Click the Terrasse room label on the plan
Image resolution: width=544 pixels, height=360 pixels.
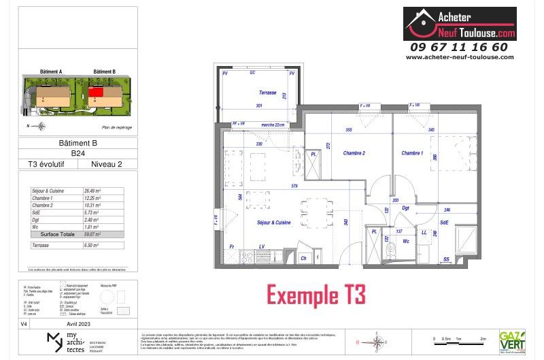267,92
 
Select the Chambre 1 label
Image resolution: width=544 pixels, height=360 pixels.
411,154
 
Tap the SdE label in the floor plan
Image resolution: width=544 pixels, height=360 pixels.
443,223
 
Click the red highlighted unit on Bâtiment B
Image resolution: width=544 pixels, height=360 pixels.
97,91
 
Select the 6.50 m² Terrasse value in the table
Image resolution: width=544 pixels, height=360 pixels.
91,244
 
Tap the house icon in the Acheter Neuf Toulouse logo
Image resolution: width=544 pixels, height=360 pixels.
421,23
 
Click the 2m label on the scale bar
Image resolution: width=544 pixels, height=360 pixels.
483,338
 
